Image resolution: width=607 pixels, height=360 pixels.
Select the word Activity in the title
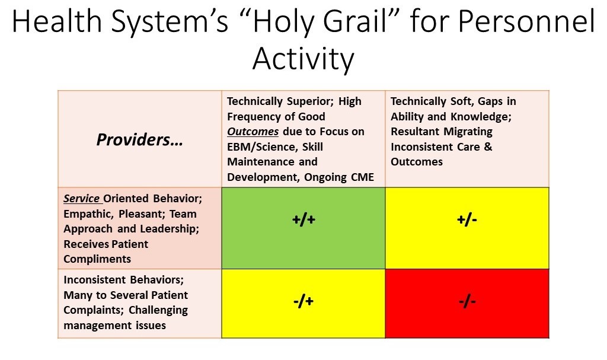point(303,59)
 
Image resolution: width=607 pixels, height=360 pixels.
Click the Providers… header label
point(139,139)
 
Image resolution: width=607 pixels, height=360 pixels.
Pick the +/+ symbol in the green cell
point(303,219)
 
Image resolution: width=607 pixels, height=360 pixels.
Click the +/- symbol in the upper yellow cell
point(467,219)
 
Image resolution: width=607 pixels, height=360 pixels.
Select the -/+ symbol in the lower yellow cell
point(303,301)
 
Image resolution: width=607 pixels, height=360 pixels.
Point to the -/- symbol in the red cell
point(467,301)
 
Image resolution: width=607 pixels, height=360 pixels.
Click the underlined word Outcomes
point(253,132)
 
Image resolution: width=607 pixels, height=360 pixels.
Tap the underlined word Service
point(81,199)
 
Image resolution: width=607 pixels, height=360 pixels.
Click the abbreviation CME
point(362,177)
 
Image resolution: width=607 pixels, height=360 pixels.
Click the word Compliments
point(97,259)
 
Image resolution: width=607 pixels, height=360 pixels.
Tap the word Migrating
point(468,132)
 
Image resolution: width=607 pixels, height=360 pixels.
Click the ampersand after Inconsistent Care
point(488,147)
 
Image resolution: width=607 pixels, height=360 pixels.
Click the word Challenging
point(158,310)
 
